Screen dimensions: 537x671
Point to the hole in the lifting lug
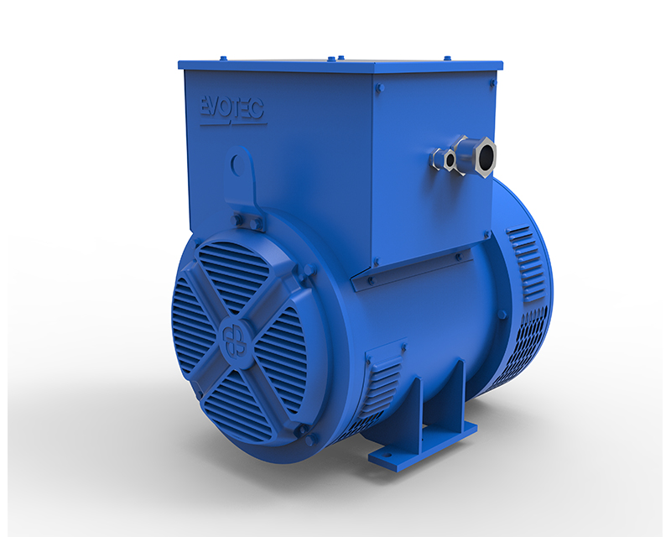(240, 165)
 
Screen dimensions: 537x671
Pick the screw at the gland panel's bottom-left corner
(376, 261)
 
